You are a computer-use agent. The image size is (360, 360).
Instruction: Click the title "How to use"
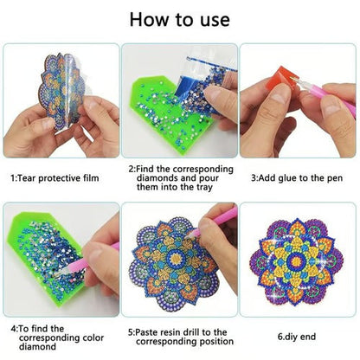(180, 20)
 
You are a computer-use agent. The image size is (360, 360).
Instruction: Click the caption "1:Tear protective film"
(55, 178)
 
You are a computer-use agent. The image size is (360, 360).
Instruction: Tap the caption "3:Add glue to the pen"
(297, 178)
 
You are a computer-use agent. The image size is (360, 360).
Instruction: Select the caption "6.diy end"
(297, 337)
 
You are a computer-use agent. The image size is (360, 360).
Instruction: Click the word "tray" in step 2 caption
(204, 187)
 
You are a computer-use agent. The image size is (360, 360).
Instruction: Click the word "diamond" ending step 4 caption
(37, 346)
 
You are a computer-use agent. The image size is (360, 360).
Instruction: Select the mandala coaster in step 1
(62, 91)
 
